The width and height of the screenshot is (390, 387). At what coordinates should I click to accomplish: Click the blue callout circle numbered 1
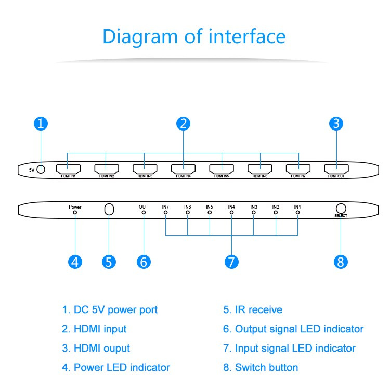pos(41,123)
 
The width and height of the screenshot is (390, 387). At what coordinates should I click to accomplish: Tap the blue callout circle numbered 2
pos(183,123)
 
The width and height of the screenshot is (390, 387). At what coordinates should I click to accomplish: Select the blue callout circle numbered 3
pos(336,123)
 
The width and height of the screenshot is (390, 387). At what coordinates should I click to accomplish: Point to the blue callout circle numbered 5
pos(108,262)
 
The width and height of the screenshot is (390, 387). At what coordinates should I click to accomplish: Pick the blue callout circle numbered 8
pos(341,262)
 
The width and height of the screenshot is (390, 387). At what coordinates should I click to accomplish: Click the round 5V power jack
pos(41,169)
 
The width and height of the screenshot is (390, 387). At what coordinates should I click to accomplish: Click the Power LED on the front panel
pos(75,213)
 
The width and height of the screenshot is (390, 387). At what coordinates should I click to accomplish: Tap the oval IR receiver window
pos(109,209)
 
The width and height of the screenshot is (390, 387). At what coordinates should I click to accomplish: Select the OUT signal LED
pos(144,213)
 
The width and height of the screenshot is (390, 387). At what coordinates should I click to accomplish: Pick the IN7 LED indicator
pos(165,213)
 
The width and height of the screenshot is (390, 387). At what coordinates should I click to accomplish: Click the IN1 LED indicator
pos(297,213)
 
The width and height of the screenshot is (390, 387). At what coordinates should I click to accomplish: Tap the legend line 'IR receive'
pos(253,310)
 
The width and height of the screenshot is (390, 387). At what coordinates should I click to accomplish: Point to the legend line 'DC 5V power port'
pos(110,310)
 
